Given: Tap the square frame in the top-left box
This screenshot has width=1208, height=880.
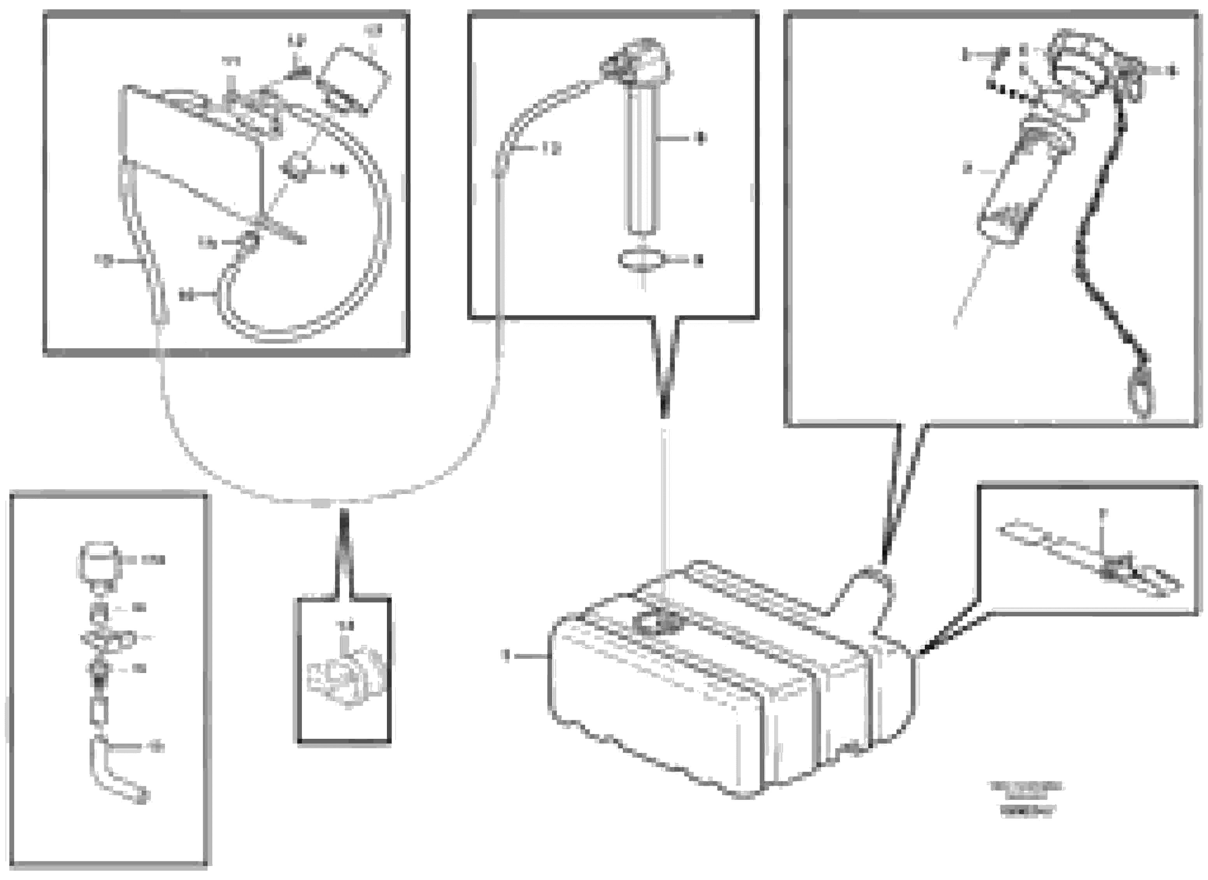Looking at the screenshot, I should (x=352, y=79).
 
